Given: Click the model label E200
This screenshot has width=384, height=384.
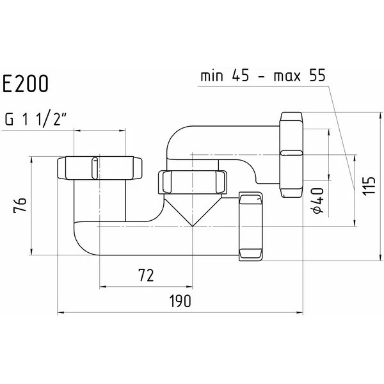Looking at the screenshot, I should point(26,83).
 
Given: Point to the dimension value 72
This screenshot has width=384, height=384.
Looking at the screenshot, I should point(145,276).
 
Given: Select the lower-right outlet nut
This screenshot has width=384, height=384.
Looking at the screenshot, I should point(250,227).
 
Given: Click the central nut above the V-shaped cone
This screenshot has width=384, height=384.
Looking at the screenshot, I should point(191,181).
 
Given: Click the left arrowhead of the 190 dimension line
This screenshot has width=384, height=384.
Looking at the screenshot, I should point(60,313).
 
